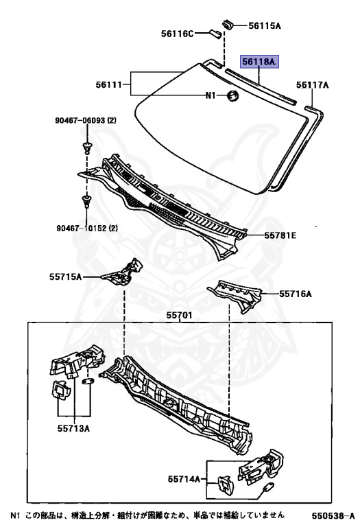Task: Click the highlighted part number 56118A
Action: tap(259, 62)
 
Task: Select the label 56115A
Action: tap(264, 25)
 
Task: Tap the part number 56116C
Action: tap(177, 34)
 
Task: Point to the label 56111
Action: tap(109, 84)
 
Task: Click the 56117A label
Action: tap(312, 85)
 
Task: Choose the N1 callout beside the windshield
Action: tap(211, 96)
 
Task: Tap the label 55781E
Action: tap(280, 235)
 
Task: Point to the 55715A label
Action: tap(65, 277)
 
